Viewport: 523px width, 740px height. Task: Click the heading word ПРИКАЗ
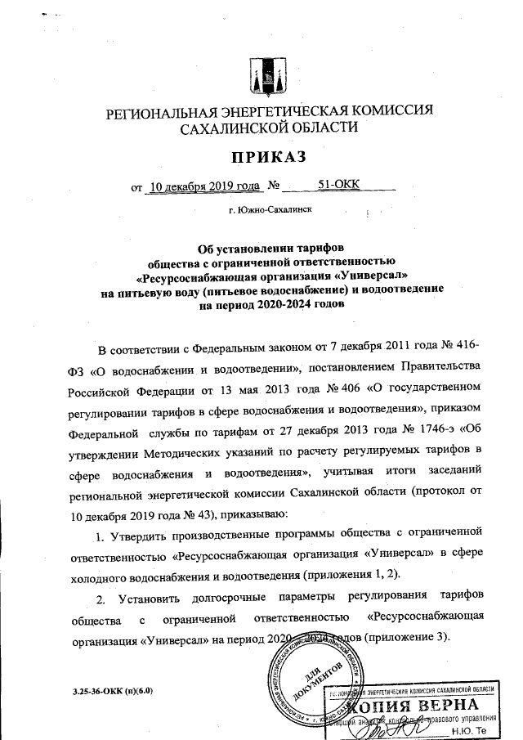(261, 158)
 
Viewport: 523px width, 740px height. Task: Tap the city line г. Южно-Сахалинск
(270, 210)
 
